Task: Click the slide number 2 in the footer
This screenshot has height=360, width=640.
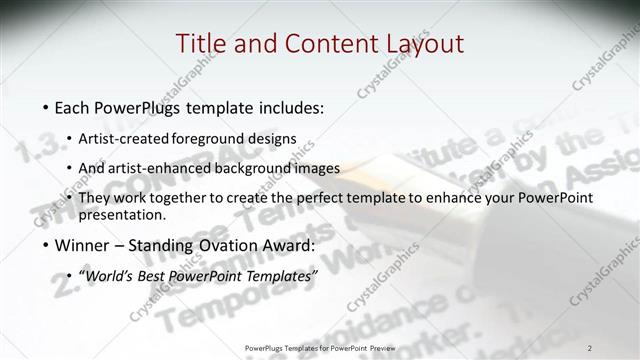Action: (x=589, y=347)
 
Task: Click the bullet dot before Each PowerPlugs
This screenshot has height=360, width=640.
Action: (x=47, y=106)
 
